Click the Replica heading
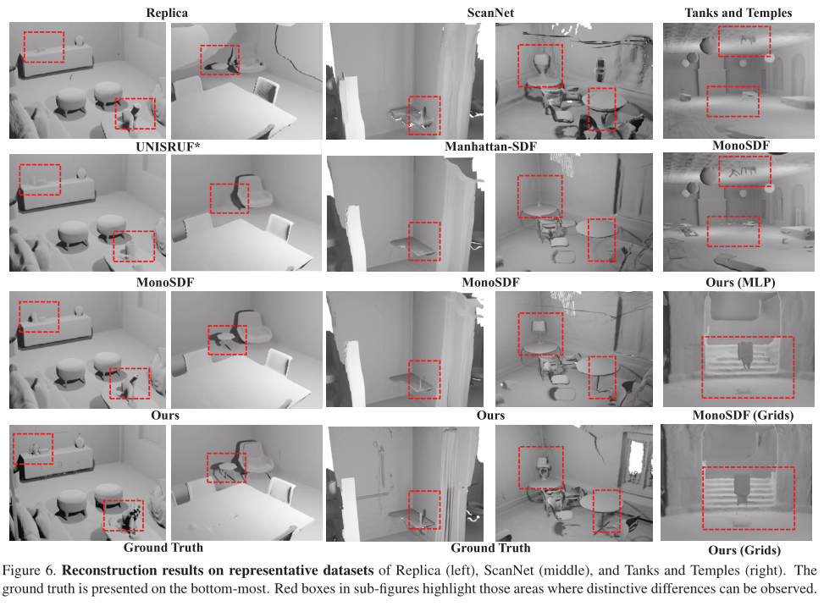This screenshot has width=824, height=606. (x=166, y=13)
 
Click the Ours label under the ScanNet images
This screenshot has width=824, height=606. (x=490, y=416)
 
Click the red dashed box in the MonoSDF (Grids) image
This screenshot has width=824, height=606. (x=748, y=367)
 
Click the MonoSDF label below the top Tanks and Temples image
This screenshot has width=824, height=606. (x=741, y=146)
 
